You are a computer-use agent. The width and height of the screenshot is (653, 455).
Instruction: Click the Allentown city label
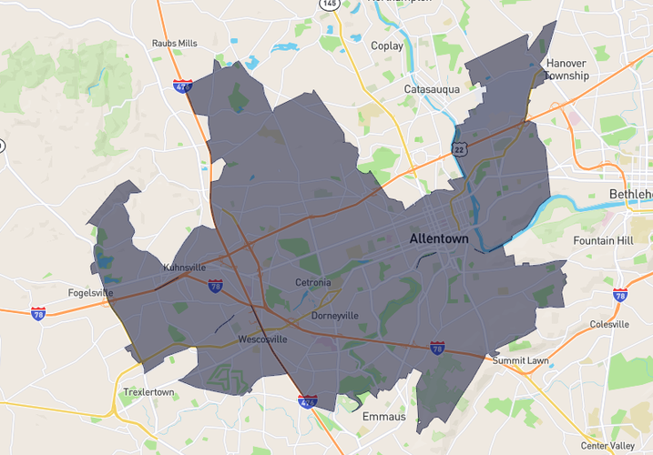click(x=439, y=238)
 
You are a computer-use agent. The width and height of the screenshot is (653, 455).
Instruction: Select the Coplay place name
click(x=386, y=45)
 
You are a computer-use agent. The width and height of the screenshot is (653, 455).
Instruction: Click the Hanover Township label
click(x=566, y=69)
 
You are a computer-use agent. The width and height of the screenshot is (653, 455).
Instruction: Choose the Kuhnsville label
click(x=184, y=268)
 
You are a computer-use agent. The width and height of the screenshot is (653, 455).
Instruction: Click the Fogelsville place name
click(x=90, y=293)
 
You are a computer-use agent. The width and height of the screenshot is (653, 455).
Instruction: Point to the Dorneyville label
click(x=335, y=316)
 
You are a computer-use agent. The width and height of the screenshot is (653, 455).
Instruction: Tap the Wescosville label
click(x=262, y=339)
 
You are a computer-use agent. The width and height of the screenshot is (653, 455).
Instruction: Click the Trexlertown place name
click(x=149, y=392)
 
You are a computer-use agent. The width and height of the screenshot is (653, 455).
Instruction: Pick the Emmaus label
click(x=383, y=416)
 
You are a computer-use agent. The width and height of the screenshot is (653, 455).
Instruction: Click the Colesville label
click(x=609, y=324)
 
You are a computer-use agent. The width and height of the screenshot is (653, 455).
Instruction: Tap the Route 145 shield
click(x=329, y=5)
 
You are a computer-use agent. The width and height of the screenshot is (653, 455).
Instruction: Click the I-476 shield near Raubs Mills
click(x=183, y=87)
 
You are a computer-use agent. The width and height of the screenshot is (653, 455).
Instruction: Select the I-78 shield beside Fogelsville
click(x=38, y=313)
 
